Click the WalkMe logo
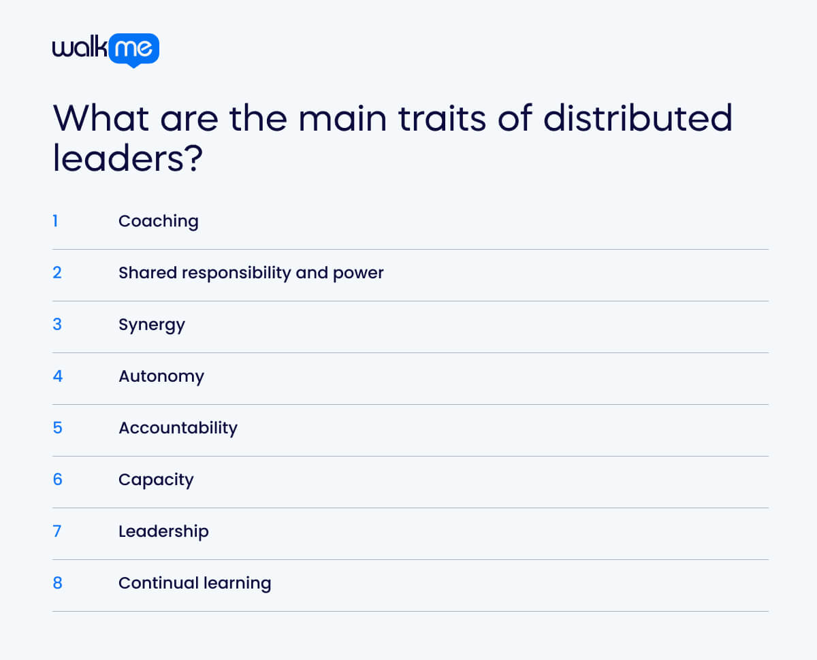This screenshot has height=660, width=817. (106, 49)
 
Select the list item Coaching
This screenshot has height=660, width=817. (159, 221)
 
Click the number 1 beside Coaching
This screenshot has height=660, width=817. (55, 221)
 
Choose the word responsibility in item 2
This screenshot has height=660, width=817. (234, 273)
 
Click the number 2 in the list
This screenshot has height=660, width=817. (57, 273)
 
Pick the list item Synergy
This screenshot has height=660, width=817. (152, 325)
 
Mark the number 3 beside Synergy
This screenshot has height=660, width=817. (57, 325)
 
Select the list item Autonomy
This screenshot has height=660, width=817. (161, 376)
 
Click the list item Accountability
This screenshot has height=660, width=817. (178, 428)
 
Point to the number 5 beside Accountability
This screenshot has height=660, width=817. (57, 428)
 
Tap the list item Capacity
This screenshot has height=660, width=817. (156, 480)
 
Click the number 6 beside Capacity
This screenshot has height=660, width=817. (57, 480)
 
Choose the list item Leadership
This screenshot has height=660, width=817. (163, 531)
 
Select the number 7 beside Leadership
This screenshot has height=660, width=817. (57, 531)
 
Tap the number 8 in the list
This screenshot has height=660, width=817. (57, 583)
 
